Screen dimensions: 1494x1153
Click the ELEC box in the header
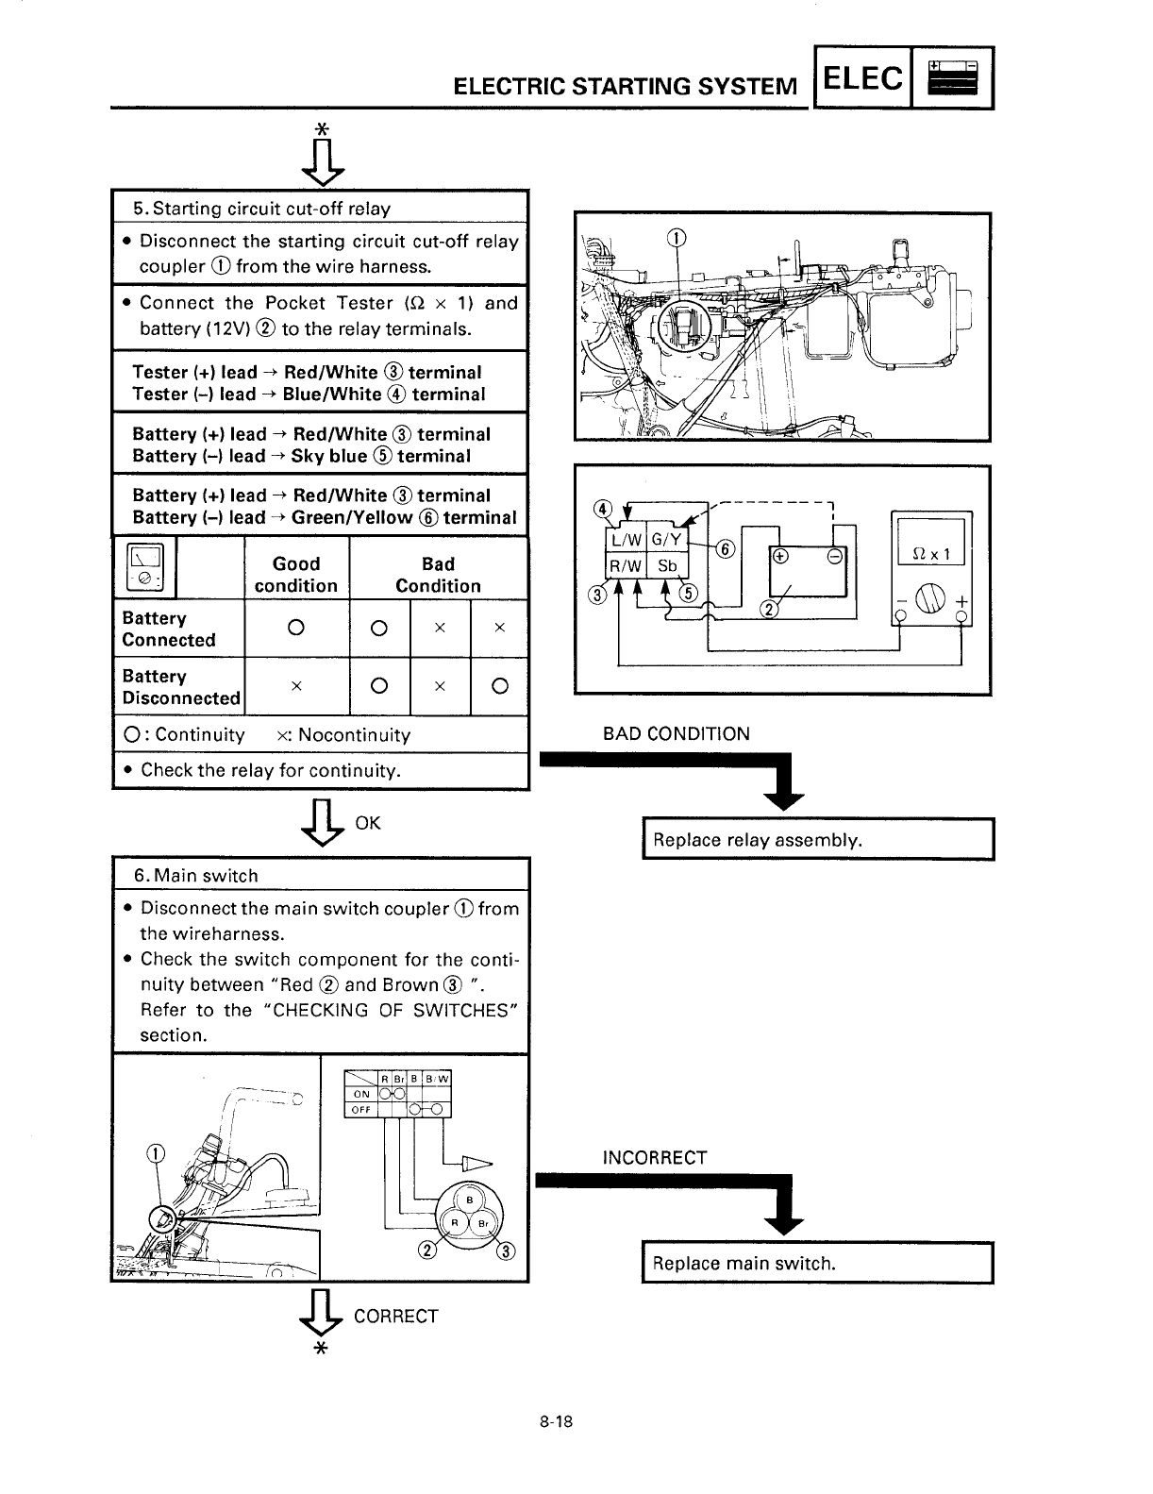click(x=862, y=78)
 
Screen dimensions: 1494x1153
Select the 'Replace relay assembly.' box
click(x=818, y=840)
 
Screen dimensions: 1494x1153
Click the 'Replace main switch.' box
click(x=818, y=1264)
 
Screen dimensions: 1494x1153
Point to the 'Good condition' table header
click(x=296, y=575)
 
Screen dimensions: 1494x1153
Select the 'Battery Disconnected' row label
click(x=179, y=687)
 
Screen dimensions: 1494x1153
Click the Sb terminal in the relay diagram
click(x=667, y=566)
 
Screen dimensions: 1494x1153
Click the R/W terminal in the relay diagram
click(x=625, y=566)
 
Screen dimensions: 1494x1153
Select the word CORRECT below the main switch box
click(x=395, y=1317)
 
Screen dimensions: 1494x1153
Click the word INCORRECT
click(x=655, y=1158)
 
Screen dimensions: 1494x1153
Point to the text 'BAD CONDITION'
click(x=677, y=733)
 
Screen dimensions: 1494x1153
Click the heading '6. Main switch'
click(x=195, y=876)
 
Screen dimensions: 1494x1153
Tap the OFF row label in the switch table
click(x=360, y=1109)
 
